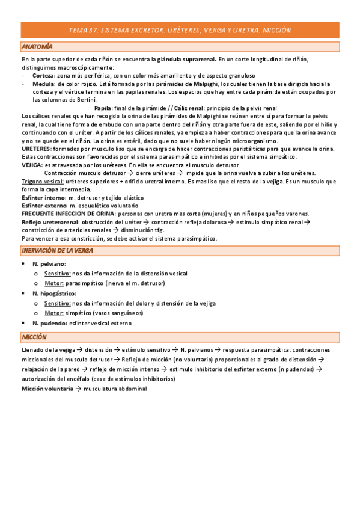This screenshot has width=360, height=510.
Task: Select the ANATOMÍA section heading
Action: (37, 46)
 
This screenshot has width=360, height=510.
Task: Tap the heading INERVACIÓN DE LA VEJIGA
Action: (57, 250)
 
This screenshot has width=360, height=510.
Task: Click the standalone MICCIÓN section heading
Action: (34, 337)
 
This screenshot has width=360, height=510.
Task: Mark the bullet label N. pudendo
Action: (49, 323)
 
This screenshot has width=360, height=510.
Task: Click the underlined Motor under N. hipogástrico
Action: (54, 313)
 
